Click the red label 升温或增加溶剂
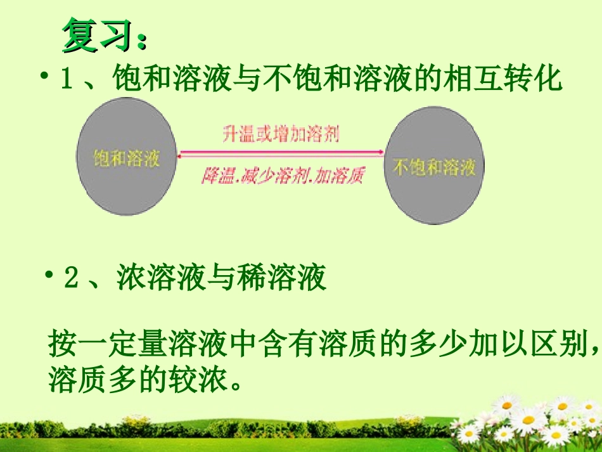281,135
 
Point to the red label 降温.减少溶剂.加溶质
282,176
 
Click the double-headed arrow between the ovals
281,152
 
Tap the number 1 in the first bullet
66,81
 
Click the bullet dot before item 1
45,77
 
